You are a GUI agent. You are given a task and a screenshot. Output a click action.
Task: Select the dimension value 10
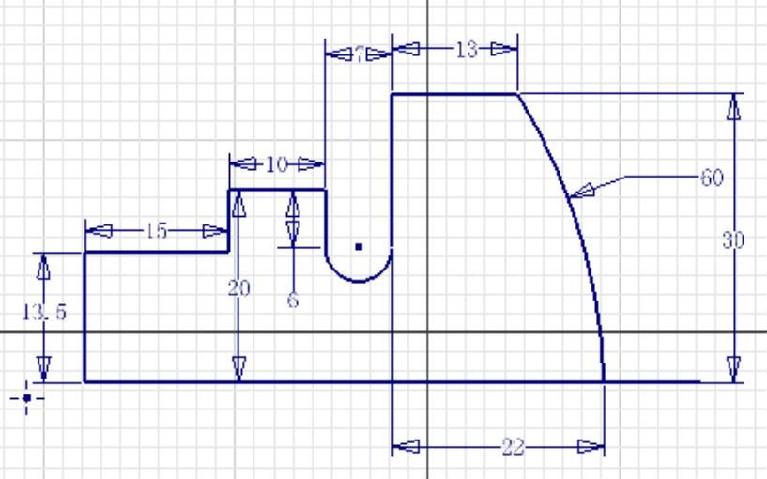(x=276, y=164)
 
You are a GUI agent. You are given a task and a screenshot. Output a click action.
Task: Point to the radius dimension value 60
(x=712, y=177)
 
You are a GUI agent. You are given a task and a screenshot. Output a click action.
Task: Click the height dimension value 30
(x=733, y=240)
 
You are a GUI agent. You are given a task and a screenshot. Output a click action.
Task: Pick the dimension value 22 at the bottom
(x=513, y=447)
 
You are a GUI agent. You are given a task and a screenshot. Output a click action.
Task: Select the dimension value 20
(x=239, y=288)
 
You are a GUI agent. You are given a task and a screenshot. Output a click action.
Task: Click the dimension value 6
(x=293, y=302)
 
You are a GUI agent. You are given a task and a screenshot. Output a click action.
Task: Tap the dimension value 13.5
(x=44, y=313)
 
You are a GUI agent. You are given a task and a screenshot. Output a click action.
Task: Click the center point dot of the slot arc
(x=359, y=247)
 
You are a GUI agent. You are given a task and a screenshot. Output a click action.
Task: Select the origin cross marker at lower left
(x=27, y=398)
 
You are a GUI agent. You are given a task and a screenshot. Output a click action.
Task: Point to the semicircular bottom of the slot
(x=358, y=280)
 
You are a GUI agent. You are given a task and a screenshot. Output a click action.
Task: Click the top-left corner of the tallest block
(x=391, y=94)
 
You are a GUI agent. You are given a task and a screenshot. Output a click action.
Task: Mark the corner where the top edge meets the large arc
(x=517, y=94)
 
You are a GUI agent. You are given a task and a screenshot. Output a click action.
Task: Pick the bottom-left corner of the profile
(x=85, y=381)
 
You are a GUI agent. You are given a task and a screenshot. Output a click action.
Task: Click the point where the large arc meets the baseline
(x=604, y=381)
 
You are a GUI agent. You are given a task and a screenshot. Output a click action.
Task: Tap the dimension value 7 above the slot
(x=358, y=54)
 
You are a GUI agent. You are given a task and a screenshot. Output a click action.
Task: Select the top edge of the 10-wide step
(x=277, y=190)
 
